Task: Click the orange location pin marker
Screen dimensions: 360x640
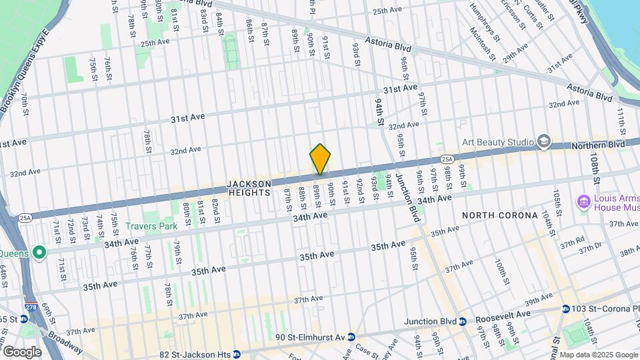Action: (x=320, y=159)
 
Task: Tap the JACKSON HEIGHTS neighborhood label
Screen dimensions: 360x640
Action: (x=249, y=188)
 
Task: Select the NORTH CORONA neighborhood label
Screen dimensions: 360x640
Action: (x=500, y=215)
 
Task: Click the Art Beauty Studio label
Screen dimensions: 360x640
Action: (x=499, y=142)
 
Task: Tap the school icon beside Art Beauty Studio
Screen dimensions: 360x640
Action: (x=544, y=141)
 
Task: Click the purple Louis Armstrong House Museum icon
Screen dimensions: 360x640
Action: (x=583, y=201)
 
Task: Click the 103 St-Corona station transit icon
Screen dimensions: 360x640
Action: (x=566, y=309)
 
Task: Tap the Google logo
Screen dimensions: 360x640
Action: (x=22, y=351)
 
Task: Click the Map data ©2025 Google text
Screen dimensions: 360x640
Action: (x=598, y=355)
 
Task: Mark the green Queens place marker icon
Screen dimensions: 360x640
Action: (x=39, y=253)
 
